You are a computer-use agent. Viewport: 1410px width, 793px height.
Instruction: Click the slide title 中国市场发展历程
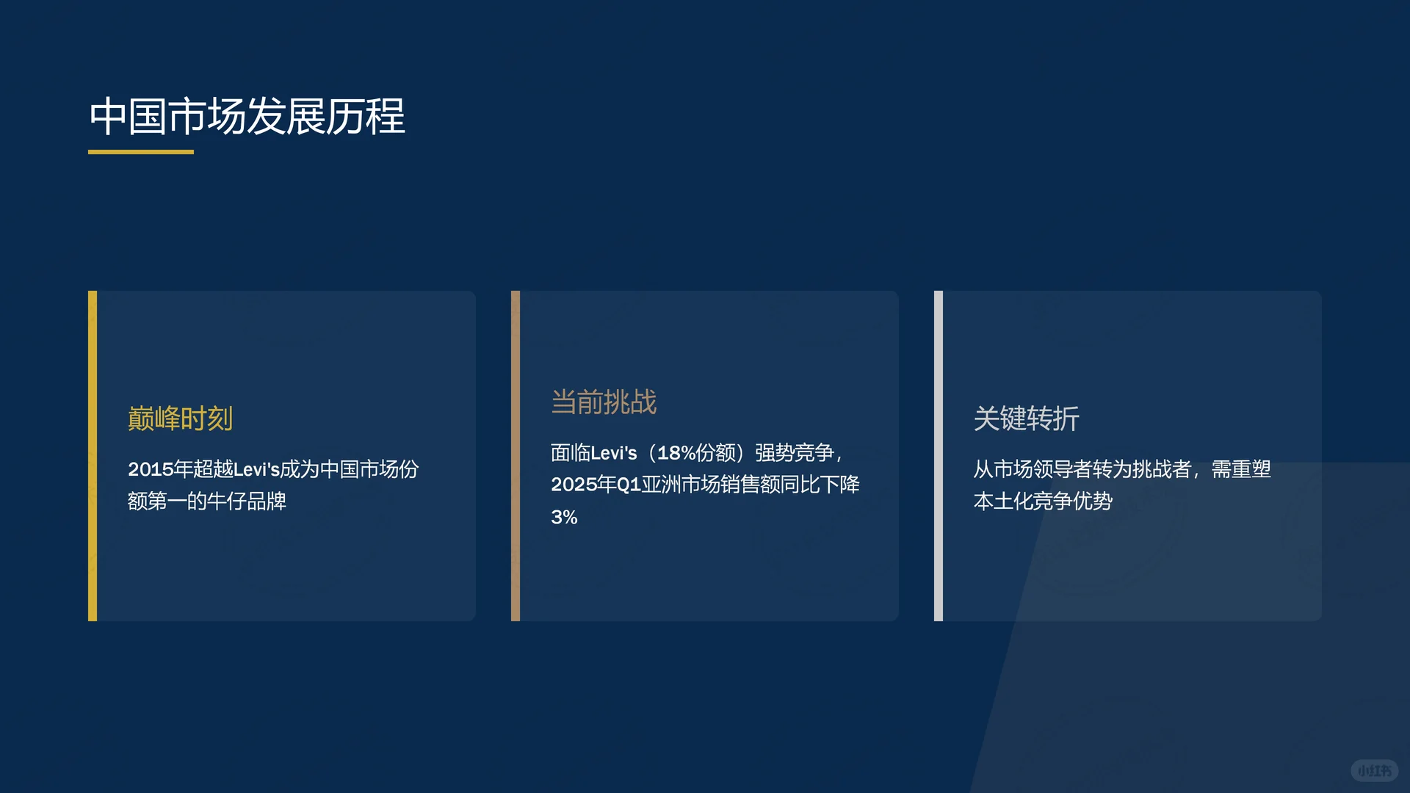pyautogui.click(x=247, y=116)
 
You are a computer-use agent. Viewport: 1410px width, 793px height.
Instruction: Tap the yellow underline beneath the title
pyautogui.click(x=141, y=152)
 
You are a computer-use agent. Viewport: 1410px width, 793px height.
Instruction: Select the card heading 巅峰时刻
pyautogui.click(x=180, y=419)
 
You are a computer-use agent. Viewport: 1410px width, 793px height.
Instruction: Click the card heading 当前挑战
pyautogui.click(x=604, y=402)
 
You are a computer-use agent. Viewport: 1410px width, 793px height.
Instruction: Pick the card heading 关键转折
pyautogui.click(x=1026, y=419)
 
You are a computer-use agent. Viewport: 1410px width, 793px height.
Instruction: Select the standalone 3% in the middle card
pyautogui.click(x=564, y=517)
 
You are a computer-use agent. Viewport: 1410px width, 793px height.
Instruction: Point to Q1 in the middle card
pyautogui.click(x=629, y=485)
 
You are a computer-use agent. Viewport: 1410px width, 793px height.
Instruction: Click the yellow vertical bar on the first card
pyautogui.click(x=93, y=455)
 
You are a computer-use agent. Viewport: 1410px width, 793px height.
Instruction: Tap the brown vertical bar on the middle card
pyautogui.click(x=516, y=455)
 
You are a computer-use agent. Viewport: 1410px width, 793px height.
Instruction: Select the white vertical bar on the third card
pyautogui.click(x=939, y=455)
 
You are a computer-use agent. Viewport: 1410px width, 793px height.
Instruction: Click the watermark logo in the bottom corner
pyautogui.click(x=1374, y=770)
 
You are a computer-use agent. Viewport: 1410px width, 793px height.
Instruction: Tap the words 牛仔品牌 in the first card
pyautogui.click(x=247, y=501)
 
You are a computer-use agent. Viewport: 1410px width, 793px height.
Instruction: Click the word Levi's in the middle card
pyautogui.click(x=614, y=453)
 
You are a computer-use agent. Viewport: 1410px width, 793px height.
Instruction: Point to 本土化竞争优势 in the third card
pyautogui.click(x=1043, y=501)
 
